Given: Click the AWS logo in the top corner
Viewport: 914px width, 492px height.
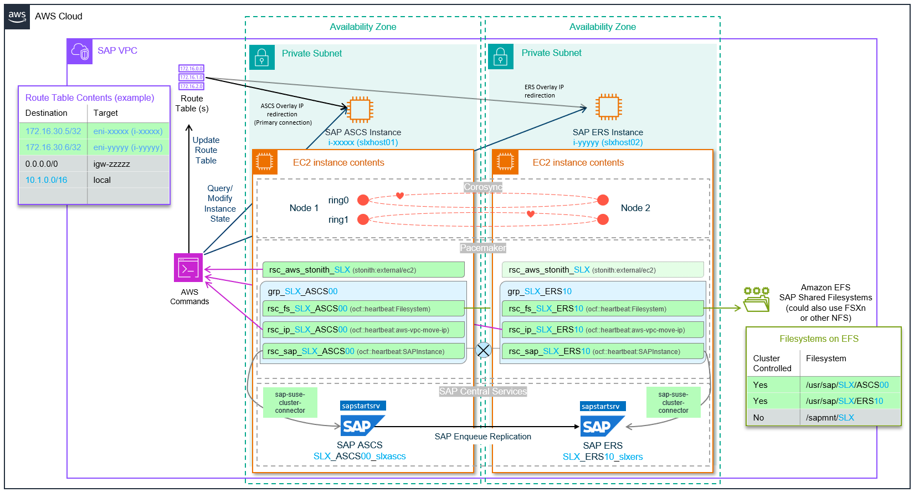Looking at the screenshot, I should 17,17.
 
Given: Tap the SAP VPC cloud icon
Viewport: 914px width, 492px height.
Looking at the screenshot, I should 80,52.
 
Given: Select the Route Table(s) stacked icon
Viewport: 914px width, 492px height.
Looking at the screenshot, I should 192,78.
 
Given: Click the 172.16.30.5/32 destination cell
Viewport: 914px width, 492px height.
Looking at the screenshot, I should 53,131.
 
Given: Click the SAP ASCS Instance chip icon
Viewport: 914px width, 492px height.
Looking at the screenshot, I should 360,109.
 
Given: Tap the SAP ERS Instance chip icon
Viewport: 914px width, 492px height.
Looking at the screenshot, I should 608,107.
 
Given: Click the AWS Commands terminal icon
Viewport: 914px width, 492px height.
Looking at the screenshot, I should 188,268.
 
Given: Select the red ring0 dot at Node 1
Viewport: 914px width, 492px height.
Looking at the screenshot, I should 363,200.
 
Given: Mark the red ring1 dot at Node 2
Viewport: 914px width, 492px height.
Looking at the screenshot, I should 603,219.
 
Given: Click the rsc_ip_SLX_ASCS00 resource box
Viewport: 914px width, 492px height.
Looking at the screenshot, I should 363,330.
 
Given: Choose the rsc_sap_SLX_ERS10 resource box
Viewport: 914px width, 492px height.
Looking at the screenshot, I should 602,351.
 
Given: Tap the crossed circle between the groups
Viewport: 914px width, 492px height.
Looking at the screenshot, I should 484,350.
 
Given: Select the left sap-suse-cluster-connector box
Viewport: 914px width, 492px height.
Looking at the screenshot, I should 290,402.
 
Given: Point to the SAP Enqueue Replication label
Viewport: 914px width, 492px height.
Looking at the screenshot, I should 482,437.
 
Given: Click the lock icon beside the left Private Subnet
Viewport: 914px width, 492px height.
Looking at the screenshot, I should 262,57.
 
